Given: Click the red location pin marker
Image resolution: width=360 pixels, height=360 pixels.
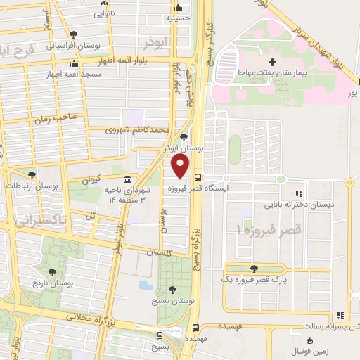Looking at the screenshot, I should pyautogui.click(x=181, y=166).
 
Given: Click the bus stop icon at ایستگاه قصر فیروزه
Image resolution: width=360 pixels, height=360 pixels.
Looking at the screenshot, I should pyautogui.click(x=198, y=179).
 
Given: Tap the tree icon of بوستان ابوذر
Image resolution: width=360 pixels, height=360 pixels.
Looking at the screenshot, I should pyautogui.click(x=184, y=137).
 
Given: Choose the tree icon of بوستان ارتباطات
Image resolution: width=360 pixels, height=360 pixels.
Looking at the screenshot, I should pyautogui.click(x=31, y=175).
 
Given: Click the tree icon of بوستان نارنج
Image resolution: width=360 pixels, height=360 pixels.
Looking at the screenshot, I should pyautogui.click(x=53, y=270).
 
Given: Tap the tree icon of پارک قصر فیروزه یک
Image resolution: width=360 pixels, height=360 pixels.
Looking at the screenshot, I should pyautogui.click(x=254, y=268).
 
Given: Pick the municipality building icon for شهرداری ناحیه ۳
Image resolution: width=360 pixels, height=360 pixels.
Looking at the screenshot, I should pyautogui.click(x=126, y=179).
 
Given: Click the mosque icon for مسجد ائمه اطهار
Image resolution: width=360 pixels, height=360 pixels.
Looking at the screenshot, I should pyautogui.click(x=74, y=65).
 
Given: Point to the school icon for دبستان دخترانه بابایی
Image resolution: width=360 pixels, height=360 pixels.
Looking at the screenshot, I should pyautogui.click(x=299, y=193).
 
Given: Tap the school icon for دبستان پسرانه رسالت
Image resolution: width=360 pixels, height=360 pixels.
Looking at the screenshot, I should pyautogui.click(x=341, y=315).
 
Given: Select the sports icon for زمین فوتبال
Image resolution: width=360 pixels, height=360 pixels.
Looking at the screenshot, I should pyautogui.click(x=294, y=336).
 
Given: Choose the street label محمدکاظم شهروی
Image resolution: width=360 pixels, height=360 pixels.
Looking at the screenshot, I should pyautogui.click(x=138, y=130).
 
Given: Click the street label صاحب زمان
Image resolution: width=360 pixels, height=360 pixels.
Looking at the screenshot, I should pyautogui.click(x=53, y=120).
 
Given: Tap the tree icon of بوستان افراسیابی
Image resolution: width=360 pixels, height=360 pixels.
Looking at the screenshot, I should pyautogui.click(x=74, y=34).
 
